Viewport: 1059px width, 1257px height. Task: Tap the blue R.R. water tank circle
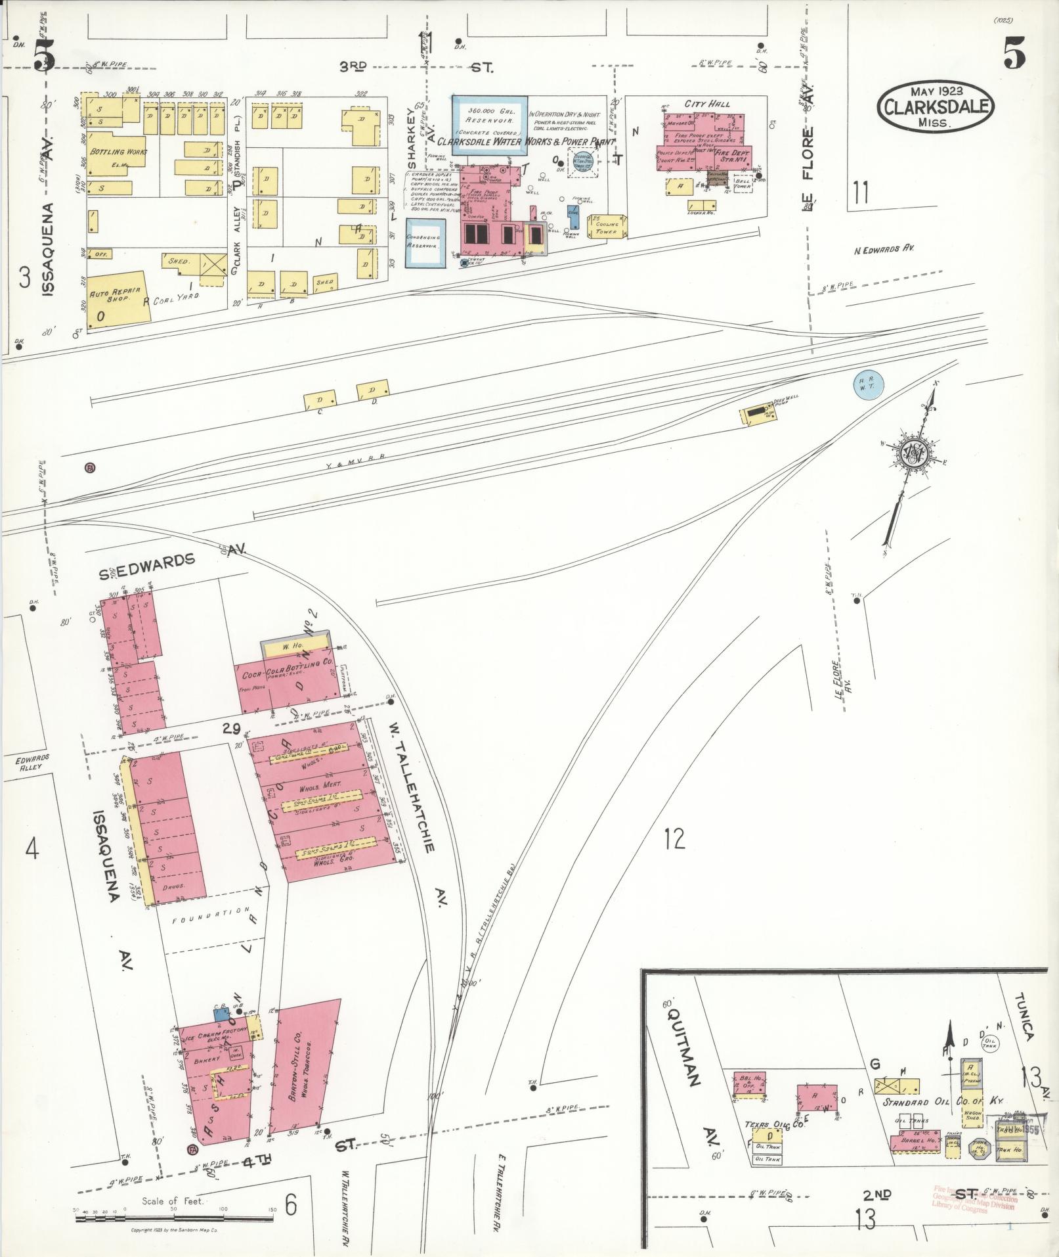(x=868, y=385)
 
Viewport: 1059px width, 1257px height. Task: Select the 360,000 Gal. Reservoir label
(x=489, y=116)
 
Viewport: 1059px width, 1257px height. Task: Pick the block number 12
(x=674, y=838)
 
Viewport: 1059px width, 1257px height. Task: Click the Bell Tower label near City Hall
(x=742, y=183)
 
